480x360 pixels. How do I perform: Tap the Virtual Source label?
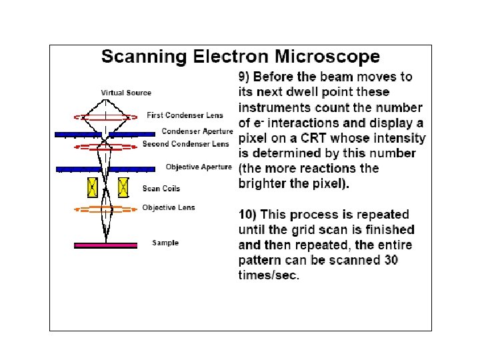tap(126, 93)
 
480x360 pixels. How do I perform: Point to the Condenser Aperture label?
tap(197, 131)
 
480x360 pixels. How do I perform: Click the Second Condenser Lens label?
tap(186, 143)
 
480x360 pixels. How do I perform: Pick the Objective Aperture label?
tap(199, 167)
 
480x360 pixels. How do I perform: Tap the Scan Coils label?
tap(161, 189)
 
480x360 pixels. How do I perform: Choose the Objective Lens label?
tap(169, 207)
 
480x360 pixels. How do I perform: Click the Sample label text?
tap(165, 243)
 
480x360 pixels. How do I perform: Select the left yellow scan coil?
tap(93, 187)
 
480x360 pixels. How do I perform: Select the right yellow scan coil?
tap(123, 187)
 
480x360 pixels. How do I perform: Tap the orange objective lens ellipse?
tap(105, 209)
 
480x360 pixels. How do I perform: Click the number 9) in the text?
tap(245, 77)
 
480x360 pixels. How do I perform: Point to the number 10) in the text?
tap(248, 215)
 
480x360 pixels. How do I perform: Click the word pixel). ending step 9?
tap(327, 184)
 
